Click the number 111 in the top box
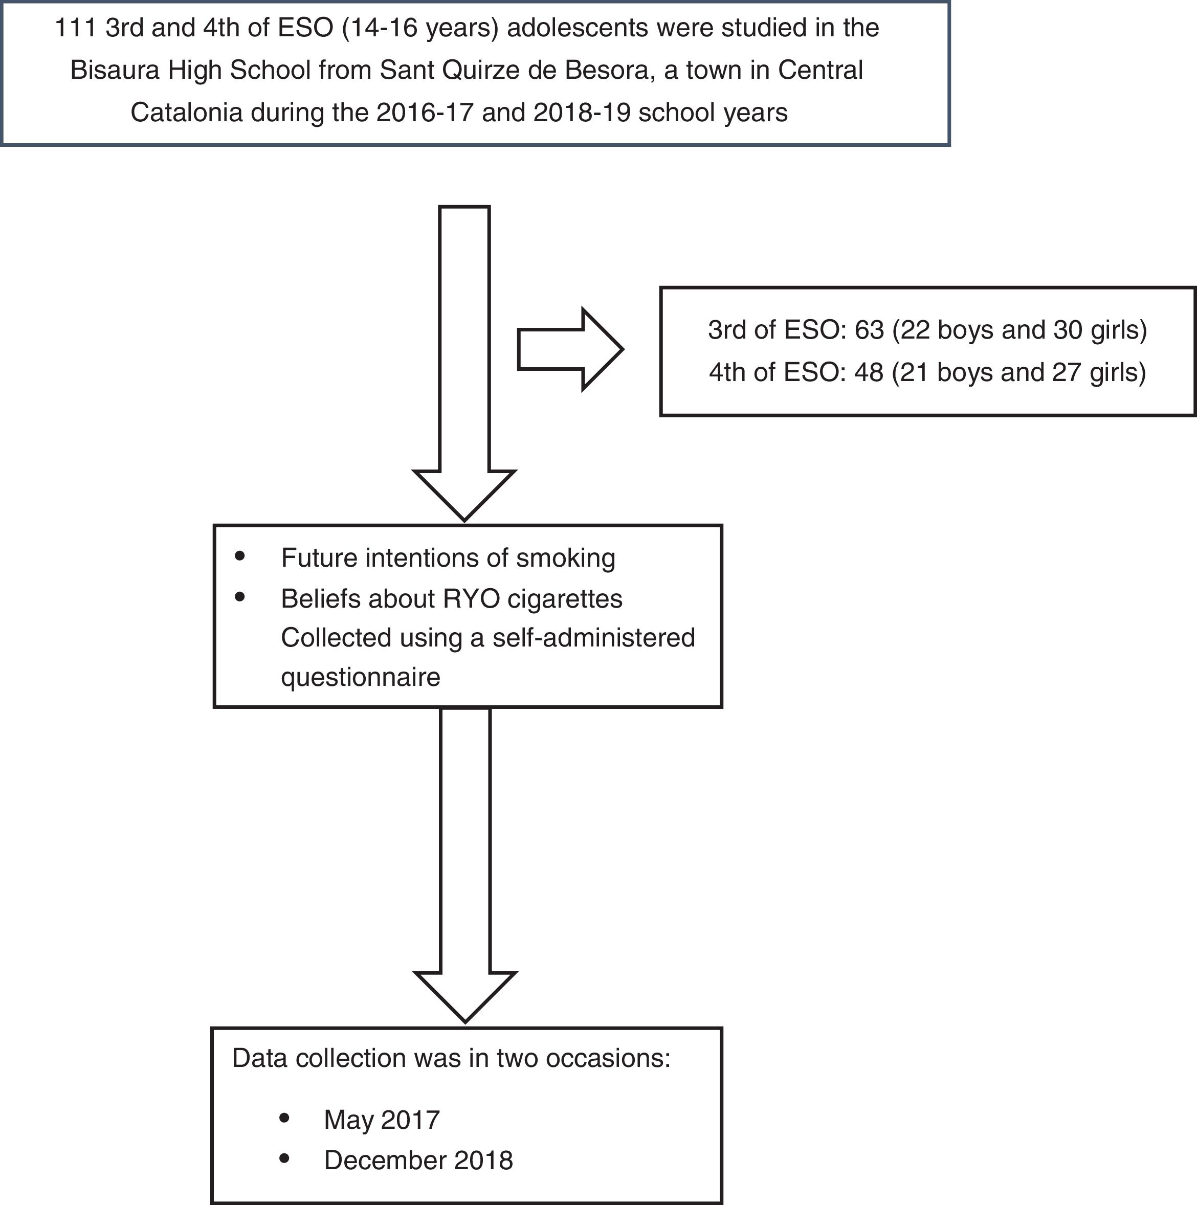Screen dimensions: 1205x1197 (76, 29)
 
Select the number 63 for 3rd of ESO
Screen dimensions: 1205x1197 (869, 330)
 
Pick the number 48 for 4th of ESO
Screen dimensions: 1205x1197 (869, 372)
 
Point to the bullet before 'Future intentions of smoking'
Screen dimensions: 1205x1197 (240, 556)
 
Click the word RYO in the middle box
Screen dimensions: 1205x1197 (471, 599)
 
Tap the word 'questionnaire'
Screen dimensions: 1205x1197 (361, 677)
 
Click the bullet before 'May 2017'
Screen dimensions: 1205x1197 (284, 1118)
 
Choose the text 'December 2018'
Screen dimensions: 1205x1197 (418, 1160)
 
